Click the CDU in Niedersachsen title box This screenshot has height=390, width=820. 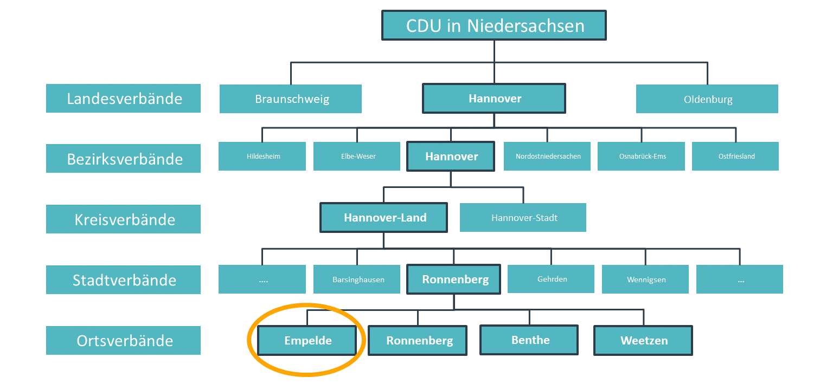point(494,25)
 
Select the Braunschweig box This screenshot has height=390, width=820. point(291,99)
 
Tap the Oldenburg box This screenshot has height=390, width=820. point(707,99)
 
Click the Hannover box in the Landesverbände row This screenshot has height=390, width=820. point(494,99)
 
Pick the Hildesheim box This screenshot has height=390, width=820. point(262,156)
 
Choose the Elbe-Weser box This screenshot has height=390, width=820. point(357,156)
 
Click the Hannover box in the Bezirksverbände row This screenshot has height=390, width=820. point(451,156)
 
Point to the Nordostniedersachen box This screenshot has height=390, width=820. point(547,156)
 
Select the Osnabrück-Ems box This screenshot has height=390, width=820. point(642,156)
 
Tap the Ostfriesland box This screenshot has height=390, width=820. point(735,156)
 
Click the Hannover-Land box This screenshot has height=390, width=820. point(383,217)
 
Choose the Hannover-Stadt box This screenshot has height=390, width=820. point(523,217)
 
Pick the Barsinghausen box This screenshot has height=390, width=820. point(357,279)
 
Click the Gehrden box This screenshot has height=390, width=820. point(551,279)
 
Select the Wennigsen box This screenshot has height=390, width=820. point(645,279)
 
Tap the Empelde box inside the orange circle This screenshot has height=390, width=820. point(307,340)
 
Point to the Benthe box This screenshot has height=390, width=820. point(529,340)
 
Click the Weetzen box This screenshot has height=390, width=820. point(643,340)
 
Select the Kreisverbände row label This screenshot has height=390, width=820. point(123,219)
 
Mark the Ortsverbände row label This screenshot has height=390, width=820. point(123,340)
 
